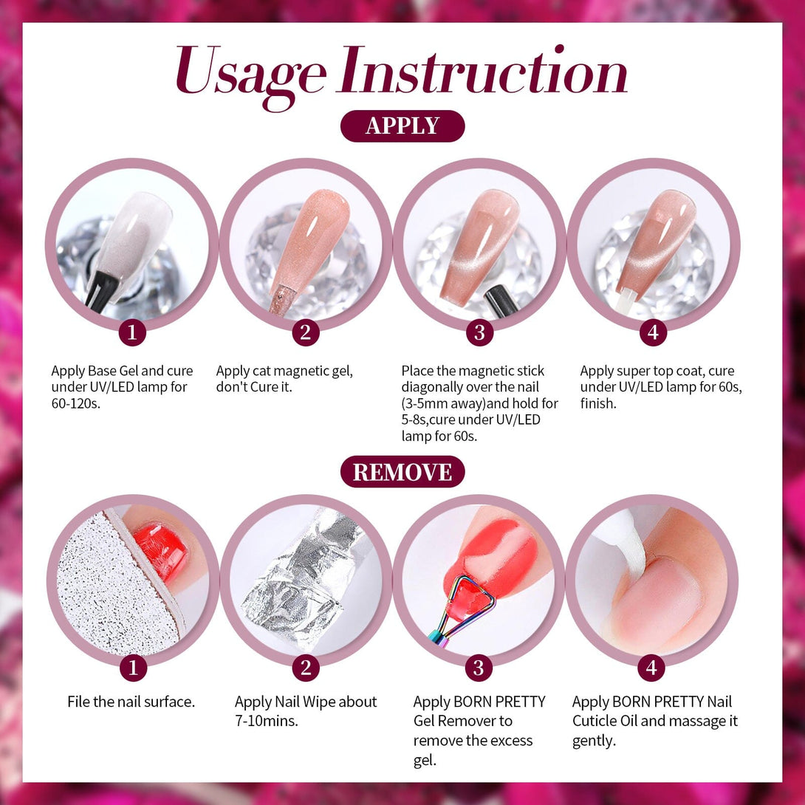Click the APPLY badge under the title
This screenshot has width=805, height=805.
click(402, 126)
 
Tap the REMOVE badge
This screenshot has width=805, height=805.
click(402, 472)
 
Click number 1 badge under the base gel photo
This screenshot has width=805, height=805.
click(132, 332)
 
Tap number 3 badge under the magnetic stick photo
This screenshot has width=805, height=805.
click(479, 332)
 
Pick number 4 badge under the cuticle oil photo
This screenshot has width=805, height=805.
click(651, 668)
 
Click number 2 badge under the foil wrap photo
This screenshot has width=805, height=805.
click(306, 668)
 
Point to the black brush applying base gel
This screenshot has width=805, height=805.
click(100, 290)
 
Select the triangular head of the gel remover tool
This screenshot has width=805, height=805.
click(469, 599)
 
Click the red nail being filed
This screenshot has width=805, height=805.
click(161, 552)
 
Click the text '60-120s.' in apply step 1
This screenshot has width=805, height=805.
click(76, 403)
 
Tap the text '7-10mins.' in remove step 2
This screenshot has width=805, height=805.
click(267, 721)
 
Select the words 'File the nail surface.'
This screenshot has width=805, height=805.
click(131, 702)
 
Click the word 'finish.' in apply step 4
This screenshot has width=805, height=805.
click(598, 403)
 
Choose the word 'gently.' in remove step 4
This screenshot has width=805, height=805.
click(594, 741)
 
